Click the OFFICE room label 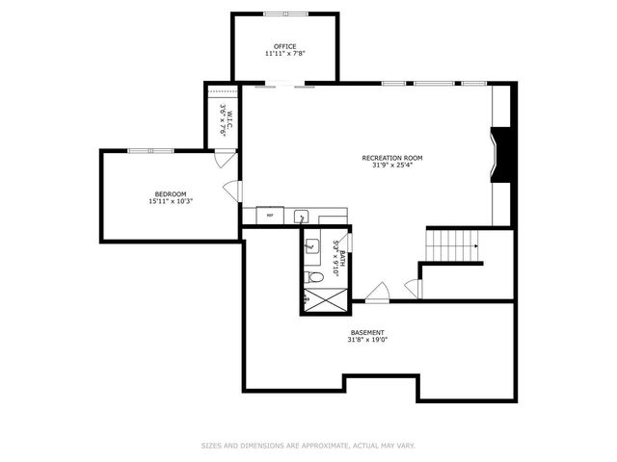coord(284,46)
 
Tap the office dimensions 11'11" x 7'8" coord(284,54)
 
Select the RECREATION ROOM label coord(391,158)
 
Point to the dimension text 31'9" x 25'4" coord(391,166)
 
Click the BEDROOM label coord(171,194)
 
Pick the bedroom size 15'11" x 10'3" coord(171,202)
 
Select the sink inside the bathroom coord(312,247)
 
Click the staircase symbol coord(453,245)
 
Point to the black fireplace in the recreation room coord(503,154)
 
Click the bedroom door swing coord(230,190)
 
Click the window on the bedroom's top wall coord(150,150)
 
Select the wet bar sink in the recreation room coord(300,217)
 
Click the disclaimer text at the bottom coord(308,446)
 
